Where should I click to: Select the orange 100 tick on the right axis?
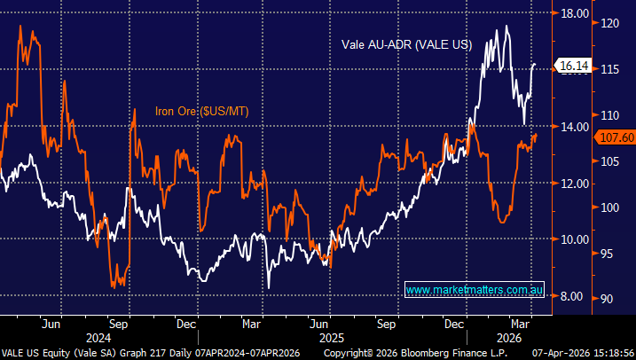611,207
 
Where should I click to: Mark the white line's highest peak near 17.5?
507,27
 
